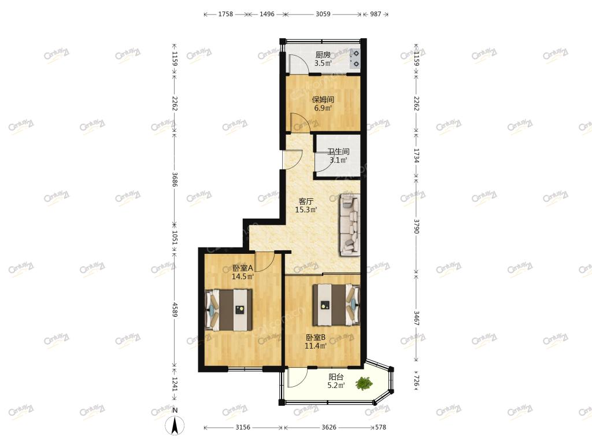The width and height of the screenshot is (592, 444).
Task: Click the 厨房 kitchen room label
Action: [x=323, y=55]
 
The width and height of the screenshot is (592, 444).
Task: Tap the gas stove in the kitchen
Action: [x=354, y=58]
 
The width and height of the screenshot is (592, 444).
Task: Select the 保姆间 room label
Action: [x=323, y=99]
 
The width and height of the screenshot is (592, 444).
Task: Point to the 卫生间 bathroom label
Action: [x=338, y=152]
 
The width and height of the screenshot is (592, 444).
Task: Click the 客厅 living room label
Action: [x=306, y=201]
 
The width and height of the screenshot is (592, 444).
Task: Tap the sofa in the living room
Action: [x=350, y=225]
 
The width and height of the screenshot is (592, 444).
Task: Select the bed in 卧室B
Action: [x=336, y=305]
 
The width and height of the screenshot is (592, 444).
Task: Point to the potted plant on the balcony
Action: [x=364, y=384]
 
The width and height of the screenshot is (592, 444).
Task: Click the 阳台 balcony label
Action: [x=336, y=377]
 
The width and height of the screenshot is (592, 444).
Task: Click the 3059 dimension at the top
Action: [x=323, y=14]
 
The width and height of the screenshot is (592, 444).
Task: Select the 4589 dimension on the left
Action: [x=175, y=310]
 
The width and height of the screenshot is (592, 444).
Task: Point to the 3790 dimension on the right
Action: [x=416, y=226]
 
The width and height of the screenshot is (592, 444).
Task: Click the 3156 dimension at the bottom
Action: [x=243, y=427]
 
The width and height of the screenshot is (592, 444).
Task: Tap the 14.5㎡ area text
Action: [x=243, y=276]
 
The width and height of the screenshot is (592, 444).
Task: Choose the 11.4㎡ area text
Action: [x=316, y=346]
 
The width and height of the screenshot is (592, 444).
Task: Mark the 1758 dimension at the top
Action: [x=225, y=14]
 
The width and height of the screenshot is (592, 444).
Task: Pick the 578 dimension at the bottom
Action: [x=380, y=427]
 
